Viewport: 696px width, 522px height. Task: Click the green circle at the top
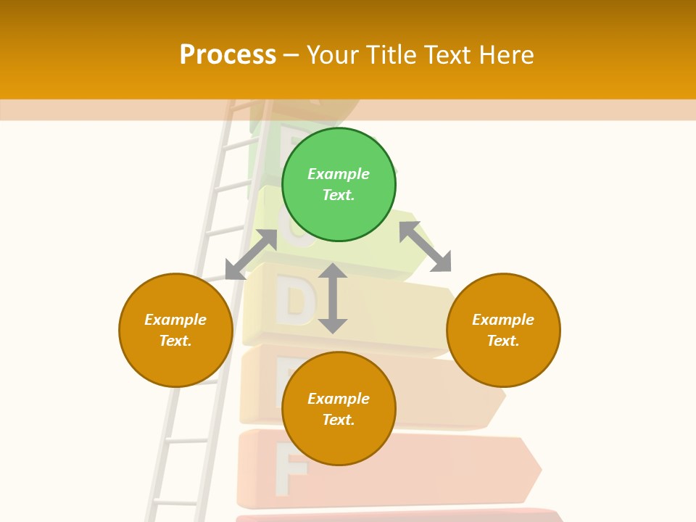(x=339, y=184)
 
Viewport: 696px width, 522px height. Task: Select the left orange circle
(x=175, y=330)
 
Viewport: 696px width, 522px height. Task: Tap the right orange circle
(x=503, y=330)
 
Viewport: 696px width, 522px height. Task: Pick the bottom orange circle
(x=339, y=409)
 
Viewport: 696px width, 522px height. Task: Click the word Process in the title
(x=228, y=55)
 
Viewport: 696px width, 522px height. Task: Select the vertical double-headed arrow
(x=333, y=298)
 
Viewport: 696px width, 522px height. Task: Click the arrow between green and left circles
(x=251, y=254)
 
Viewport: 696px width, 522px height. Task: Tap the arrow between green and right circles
(x=426, y=246)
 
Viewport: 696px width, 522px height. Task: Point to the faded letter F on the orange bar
(x=291, y=473)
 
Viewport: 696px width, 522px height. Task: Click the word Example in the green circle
(x=339, y=174)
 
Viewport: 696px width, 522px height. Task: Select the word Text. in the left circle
(x=175, y=341)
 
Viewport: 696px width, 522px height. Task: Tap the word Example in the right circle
(x=503, y=320)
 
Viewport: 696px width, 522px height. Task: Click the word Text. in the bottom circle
(x=339, y=420)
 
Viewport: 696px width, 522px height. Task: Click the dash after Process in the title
(x=291, y=55)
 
